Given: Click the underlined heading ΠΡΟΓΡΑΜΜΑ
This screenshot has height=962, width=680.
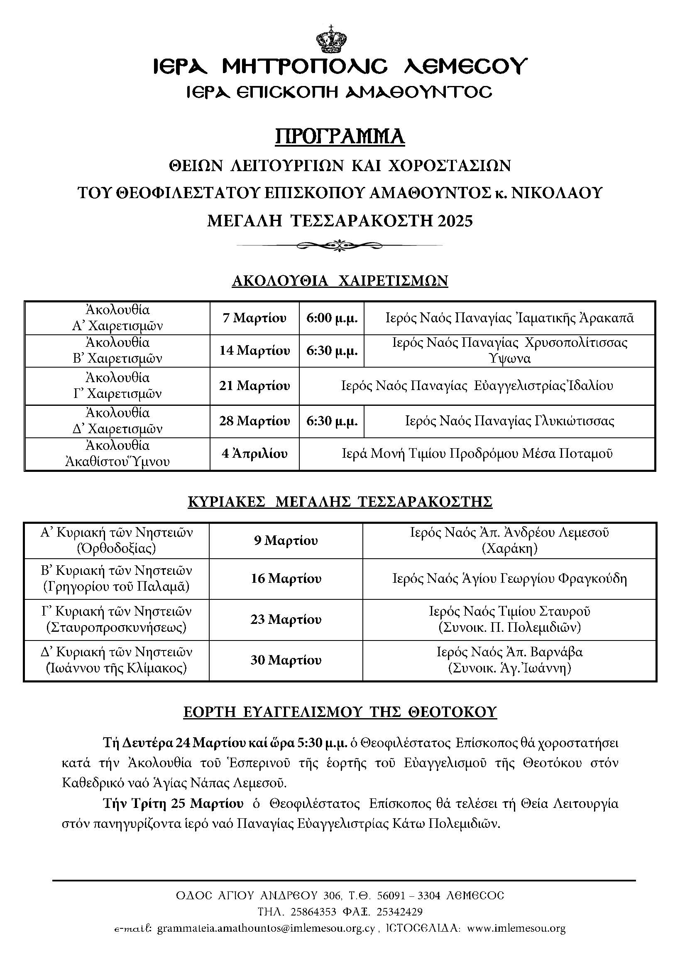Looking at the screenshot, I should [x=340, y=136].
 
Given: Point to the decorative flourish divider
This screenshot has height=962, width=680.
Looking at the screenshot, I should [x=340, y=245].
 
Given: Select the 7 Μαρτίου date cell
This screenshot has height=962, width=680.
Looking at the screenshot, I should [x=254, y=318].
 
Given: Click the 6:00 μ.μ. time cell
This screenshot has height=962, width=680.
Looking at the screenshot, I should [x=332, y=318].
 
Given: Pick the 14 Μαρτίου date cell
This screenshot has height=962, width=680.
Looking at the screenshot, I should [x=254, y=351].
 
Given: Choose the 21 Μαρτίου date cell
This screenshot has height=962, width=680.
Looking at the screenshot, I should [x=254, y=385].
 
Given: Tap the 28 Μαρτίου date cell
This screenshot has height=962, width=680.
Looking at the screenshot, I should [x=254, y=421].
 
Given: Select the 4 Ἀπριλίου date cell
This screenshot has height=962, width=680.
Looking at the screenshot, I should [x=254, y=453].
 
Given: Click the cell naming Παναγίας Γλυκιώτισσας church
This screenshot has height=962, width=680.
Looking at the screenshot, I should [x=509, y=421].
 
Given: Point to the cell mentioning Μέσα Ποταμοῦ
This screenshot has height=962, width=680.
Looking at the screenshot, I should [x=477, y=453].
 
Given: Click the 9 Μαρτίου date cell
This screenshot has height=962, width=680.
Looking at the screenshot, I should [x=286, y=540].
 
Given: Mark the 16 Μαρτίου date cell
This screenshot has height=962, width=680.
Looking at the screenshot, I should [x=286, y=579].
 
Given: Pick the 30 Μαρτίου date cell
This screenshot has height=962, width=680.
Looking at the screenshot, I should [x=286, y=660].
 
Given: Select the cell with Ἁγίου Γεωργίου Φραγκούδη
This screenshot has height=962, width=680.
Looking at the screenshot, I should [x=509, y=579].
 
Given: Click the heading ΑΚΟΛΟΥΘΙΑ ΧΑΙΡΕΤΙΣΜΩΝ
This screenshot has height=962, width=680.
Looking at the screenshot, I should [x=340, y=280].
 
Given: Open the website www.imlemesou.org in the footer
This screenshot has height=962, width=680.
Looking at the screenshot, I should [x=516, y=928].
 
